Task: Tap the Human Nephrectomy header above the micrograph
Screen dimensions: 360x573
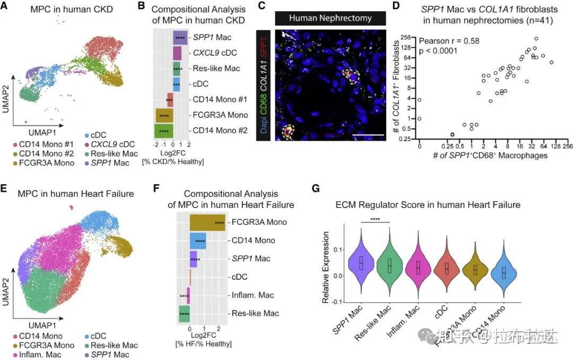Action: pos(331,18)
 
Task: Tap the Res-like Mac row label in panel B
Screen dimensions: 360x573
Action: pos(216,68)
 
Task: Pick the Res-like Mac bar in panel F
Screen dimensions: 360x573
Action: pos(184,313)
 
